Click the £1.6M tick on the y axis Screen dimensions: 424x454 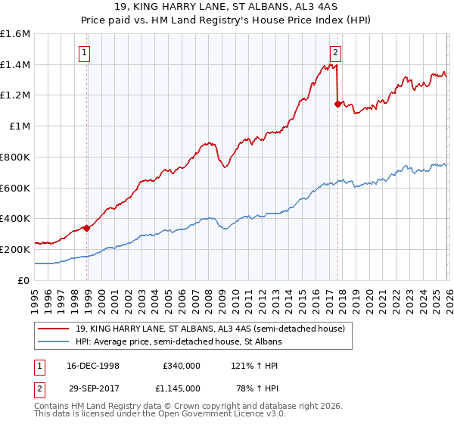coord(15,34)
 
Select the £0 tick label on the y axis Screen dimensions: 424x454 coord(24,280)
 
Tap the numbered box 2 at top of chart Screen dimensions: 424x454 coord(334,52)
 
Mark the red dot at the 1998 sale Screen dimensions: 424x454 coord(87,227)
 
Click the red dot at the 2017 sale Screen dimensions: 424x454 coord(337,104)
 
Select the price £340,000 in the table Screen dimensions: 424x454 coord(180,364)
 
